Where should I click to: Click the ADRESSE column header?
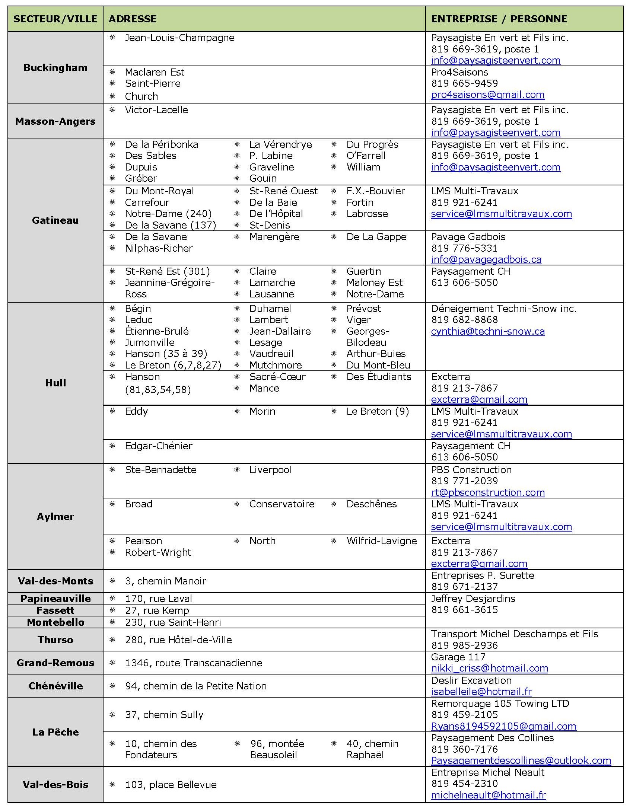click(x=133, y=19)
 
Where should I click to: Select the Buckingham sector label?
click(x=55, y=68)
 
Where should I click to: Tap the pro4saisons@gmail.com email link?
click(x=488, y=95)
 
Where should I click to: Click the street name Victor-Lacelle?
click(x=156, y=110)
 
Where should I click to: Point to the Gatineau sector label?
click(x=55, y=220)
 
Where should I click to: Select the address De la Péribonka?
click(x=161, y=144)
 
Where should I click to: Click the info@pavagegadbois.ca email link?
click(x=486, y=259)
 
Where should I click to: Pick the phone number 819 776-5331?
click(x=464, y=248)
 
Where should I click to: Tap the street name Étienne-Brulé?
click(x=157, y=331)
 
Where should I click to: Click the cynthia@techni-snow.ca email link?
click(x=488, y=331)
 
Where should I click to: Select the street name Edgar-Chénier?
click(x=159, y=446)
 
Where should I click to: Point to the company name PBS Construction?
click(x=471, y=470)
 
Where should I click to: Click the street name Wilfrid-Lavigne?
click(x=382, y=541)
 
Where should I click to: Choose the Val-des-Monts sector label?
click(x=55, y=581)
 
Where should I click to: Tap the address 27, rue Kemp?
click(x=157, y=610)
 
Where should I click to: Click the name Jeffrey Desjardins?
click(x=473, y=599)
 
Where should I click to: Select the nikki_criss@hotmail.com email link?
click(x=489, y=669)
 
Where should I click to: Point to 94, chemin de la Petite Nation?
click(x=196, y=686)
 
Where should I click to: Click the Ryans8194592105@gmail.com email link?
click(x=503, y=726)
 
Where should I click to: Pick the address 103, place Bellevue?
click(x=171, y=785)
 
